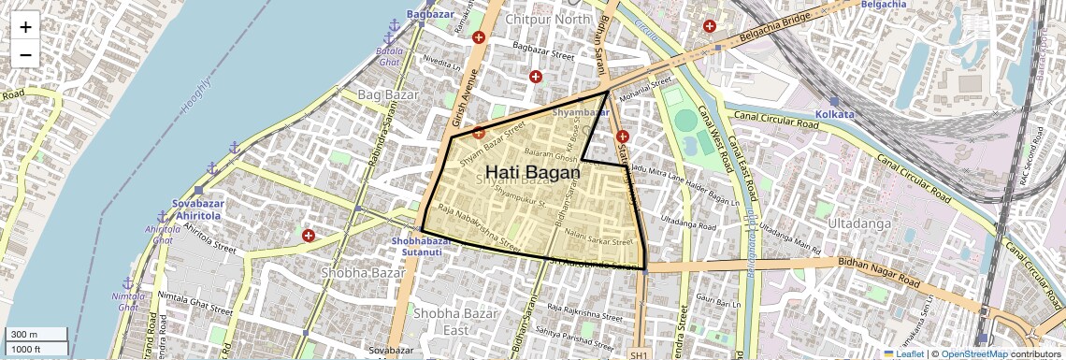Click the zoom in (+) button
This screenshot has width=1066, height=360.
point(25,27)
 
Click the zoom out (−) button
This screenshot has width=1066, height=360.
point(25,55)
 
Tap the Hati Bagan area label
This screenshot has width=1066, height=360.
point(533,173)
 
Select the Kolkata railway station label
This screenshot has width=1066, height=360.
point(834,113)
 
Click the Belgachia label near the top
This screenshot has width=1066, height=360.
point(880,4)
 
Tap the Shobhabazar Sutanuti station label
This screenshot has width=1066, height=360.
point(422,245)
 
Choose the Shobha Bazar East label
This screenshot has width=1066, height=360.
point(441,321)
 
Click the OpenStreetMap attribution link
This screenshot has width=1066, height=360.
point(973,353)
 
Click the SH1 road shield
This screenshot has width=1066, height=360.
point(639,355)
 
